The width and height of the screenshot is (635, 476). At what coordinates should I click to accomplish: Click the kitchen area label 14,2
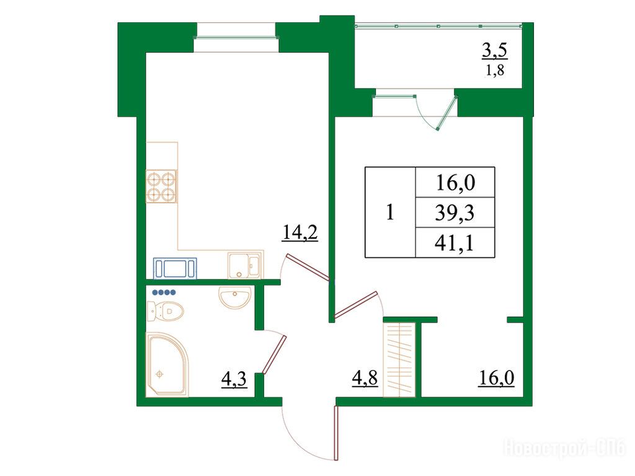tap(300, 233)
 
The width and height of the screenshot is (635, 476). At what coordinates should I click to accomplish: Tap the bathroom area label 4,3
tap(234, 380)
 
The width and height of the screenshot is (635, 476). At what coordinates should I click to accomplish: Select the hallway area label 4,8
tap(365, 379)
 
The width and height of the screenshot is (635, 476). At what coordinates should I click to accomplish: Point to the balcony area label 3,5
tap(494, 51)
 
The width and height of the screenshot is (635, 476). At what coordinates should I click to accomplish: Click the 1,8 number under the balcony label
tap(494, 71)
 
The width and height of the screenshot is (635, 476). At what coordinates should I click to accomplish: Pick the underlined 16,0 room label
tap(496, 378)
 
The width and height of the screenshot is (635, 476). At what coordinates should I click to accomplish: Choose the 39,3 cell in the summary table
tap(455, 213)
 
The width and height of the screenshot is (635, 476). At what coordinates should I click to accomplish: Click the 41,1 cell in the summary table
tap(455, 243)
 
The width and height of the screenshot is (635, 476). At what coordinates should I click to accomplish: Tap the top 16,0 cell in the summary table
tap(455, 183)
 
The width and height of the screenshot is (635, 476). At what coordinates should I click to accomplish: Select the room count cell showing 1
tap(390, 213)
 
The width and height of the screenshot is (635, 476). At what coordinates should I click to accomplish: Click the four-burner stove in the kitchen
tap(162, 187)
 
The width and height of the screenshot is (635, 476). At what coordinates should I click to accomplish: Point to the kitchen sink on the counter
tap(245, 265)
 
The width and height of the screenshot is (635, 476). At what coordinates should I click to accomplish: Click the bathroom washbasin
tap(234, 297)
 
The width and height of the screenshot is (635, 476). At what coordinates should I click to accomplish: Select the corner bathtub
tap(167, 364)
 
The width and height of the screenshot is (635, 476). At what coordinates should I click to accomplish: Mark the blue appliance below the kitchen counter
tap(175, 268)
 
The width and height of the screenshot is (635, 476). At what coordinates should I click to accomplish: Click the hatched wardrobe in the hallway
tap(399, 360)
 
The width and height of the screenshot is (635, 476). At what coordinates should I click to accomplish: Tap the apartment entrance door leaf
tap(336, 433)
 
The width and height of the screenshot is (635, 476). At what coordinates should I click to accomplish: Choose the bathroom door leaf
tap(275, 355)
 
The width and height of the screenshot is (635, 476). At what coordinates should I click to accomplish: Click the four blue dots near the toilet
tap(164, 293)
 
